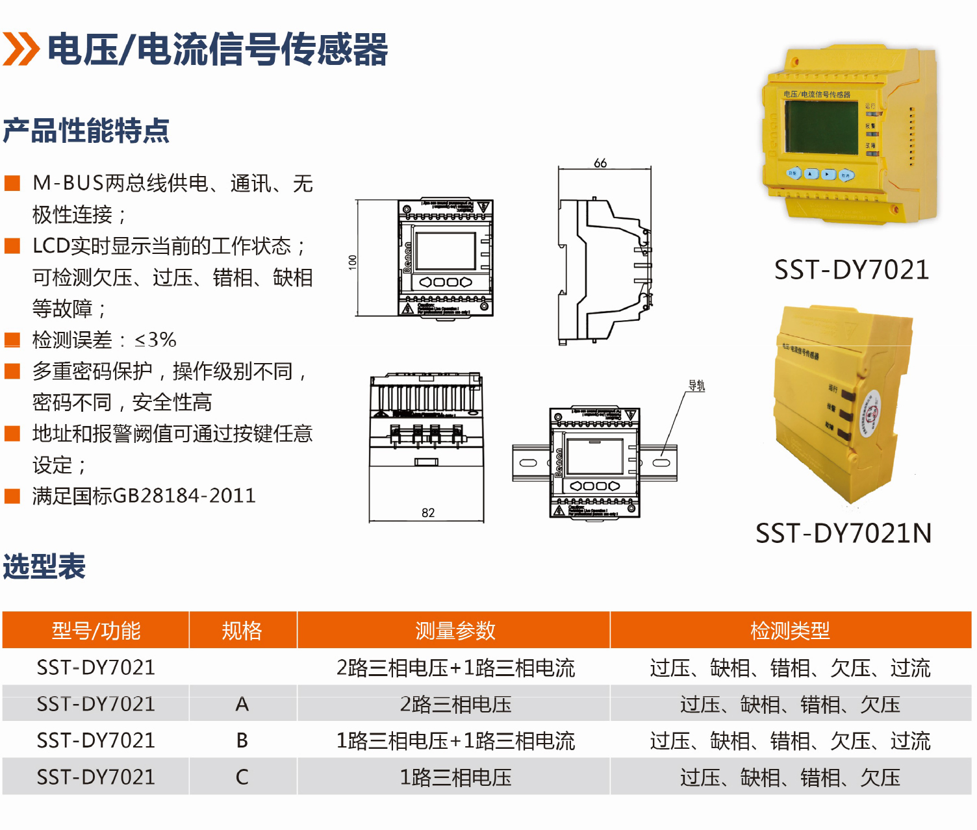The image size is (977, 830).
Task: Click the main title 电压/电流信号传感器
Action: click(x=218, y=49)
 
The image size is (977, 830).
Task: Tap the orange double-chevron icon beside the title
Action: click(x=21, y=49)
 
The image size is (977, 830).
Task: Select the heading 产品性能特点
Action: click(x=86, y=131)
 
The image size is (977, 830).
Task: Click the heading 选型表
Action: click(x=44, y=566)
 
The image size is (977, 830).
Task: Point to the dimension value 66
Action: click(x=600, y=163)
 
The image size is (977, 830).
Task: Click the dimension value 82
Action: click(x=428, y=512)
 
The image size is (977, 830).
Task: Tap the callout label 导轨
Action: click(x=696, y=386)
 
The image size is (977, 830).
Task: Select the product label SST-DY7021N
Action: click(x=843, y=533)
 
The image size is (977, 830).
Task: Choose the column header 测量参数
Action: click(x=455, y=631)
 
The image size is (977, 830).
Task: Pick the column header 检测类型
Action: click(x=790, y=631)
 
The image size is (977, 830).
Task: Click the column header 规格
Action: click(x=242, y=631)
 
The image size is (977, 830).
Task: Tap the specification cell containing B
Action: click(x=242, y=740)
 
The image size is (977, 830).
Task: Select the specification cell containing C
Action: click(x=242, y=777)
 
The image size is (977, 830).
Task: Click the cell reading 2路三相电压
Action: click(x=455, y=704)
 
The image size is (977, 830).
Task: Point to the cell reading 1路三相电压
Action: click(x=455, y=777)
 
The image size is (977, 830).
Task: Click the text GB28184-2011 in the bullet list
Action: click(x=184, y=496)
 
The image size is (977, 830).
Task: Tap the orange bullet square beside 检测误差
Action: click(x=12, y=340)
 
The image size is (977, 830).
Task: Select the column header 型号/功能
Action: click(x=96, y=631)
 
